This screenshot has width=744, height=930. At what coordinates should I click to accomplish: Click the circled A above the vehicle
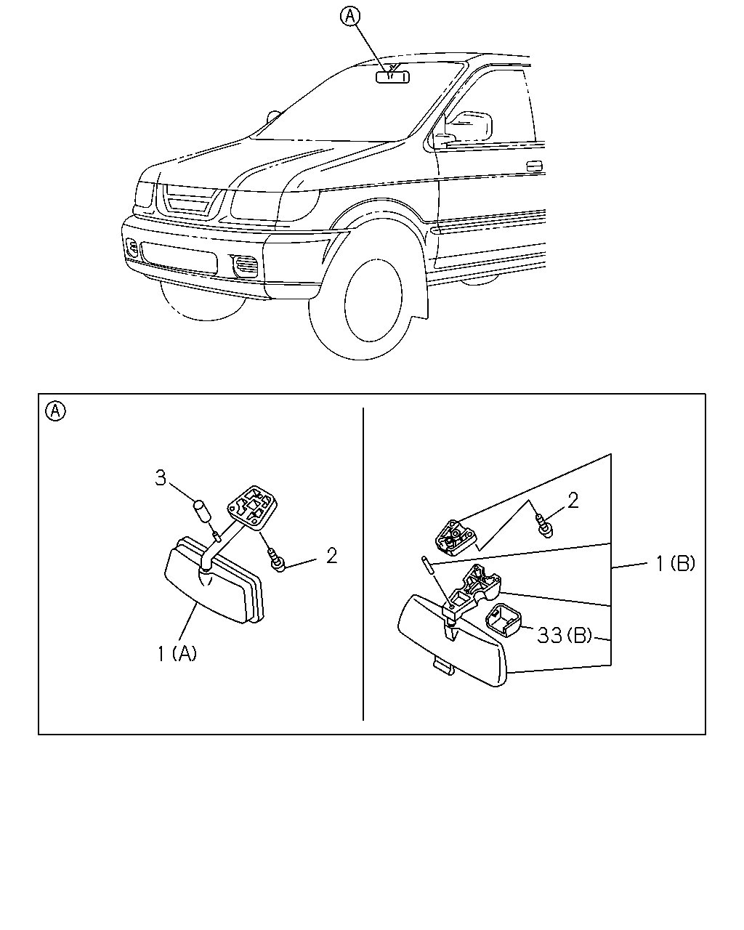click(x=350, y=17)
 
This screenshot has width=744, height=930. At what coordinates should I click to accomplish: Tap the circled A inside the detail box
click(x=56, y=411)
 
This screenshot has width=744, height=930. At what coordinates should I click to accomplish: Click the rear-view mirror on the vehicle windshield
click(x=392, y=77)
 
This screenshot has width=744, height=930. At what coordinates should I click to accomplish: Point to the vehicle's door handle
click(x=535, y=166)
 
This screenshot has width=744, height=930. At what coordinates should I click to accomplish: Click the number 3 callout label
click(x=161, y=478)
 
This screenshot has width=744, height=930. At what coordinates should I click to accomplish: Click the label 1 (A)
click(x=177, y=653)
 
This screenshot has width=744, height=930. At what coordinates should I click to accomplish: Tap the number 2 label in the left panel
click(x=331, y=556)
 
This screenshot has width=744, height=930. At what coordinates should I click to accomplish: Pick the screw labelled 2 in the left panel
click(x=277, y=560)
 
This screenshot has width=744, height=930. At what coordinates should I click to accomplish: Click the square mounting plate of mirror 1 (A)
click(x=252, y=507)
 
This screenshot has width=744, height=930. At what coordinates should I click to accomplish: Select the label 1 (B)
click(x=676, y=563)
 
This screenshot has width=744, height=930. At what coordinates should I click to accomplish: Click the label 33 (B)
click(x=564, y=635)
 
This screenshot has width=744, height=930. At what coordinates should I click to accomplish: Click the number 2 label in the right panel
click(x=573, y=501)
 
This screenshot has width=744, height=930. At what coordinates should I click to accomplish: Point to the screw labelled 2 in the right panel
click(x=544, y=525)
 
